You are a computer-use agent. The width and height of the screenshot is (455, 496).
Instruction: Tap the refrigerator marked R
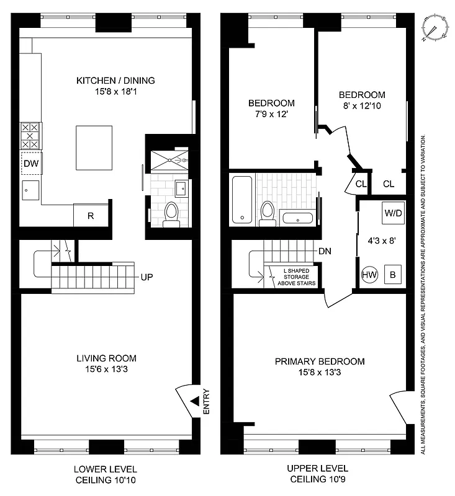(x=91, y=216)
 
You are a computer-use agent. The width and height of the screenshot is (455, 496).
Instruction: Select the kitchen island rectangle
(x=94, y=147)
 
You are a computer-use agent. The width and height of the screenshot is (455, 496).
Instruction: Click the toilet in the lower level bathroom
(x=171, y=213)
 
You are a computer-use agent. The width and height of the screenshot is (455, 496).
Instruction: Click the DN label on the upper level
(x=323, y=252)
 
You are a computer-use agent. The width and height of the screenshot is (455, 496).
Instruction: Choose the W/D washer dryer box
(x=393, y=213)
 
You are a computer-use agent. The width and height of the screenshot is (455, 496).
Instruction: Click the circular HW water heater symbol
(x=369, y=273)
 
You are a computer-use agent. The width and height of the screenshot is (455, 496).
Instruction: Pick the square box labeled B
(x=393, y=273)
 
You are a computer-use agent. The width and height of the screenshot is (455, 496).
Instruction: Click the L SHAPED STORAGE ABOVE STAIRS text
(x=299, y=277)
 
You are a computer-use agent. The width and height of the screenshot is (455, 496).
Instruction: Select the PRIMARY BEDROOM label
(x=320, y=361)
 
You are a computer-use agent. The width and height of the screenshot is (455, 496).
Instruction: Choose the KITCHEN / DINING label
(x=115, y=81)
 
